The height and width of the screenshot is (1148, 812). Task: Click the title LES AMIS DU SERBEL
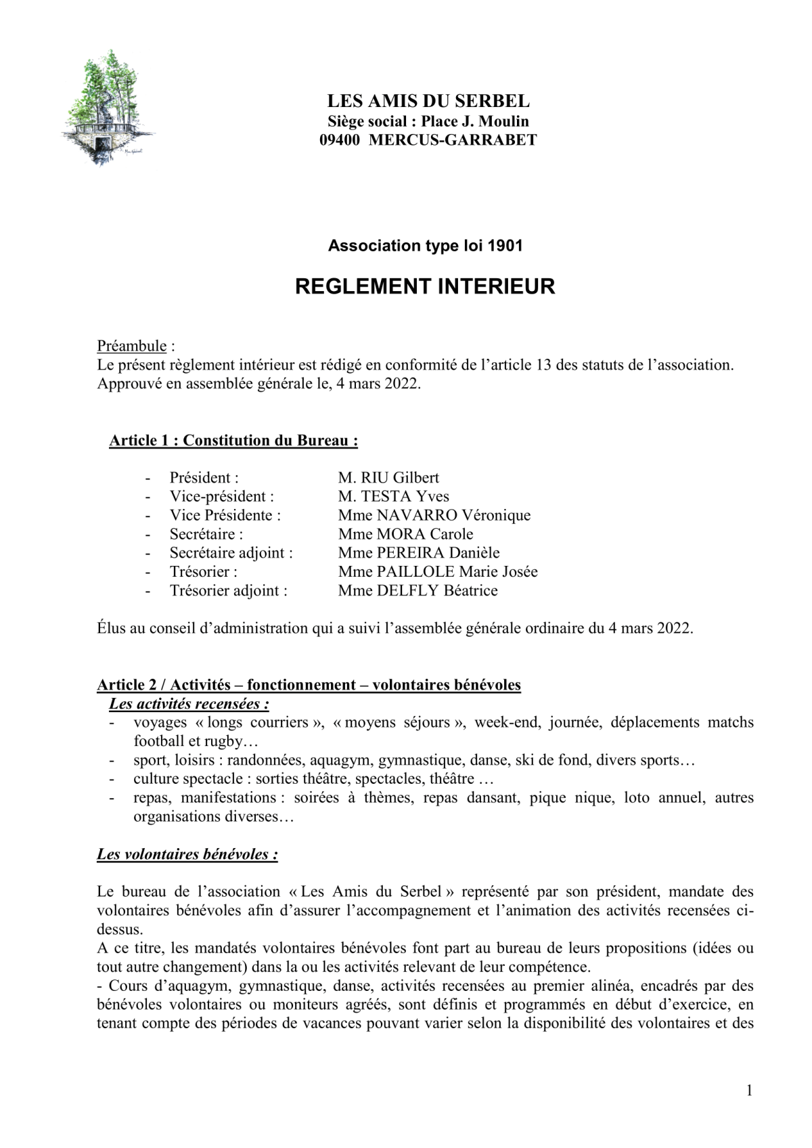pyautogui.click(x=428, y=102)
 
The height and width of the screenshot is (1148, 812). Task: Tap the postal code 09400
pyautogui.click(x=340, y=140)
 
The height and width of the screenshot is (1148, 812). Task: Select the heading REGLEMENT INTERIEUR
pyautogui.click(x=425, y=286)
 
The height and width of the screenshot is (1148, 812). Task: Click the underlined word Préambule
pyautogui.click(x=132, y=347)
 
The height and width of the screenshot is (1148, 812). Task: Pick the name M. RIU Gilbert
pyautogui.click(x=388, y=478)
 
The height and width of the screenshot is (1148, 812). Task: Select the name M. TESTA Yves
pyautogui.click(x=393, y=497)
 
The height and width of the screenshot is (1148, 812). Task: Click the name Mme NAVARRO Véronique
pyautogui.click(x=434, y=516)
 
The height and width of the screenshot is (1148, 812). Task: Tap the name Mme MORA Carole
pyautogui.click(x=405, y=534)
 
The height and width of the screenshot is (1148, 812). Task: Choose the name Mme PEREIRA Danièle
pyautogui.click(x=419, y=553)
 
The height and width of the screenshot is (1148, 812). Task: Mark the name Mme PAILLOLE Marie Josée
pyautogui.click(x=438, y=572)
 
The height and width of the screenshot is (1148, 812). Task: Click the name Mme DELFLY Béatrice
pyautogui.click(x=418, y=591)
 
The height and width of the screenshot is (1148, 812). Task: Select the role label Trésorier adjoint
pyautogui.click(x=228, y=591)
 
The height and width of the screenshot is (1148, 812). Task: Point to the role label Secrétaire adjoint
pyautogui.click(x=231, y=553)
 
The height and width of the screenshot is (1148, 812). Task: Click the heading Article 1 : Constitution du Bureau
pyautogui.click(x=233, y=441)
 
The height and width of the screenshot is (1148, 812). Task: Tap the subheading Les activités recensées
pyautogui.click(x=189, y=704)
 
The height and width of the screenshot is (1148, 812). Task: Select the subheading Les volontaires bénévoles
pyautogui.click(x=187, y=854)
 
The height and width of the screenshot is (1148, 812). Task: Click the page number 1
pyautogui.click(x=749, y=1090)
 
